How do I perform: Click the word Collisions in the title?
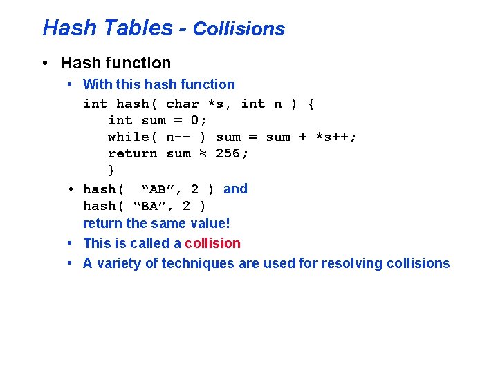coord(239,29)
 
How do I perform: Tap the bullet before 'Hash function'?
coord(45,64)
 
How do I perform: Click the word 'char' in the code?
coord(182,104)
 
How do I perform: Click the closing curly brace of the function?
coord(111,170)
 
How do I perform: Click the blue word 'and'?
coord(235,189)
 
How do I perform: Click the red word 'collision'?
coord(212,243)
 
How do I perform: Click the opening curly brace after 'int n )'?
coord(311,104)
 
